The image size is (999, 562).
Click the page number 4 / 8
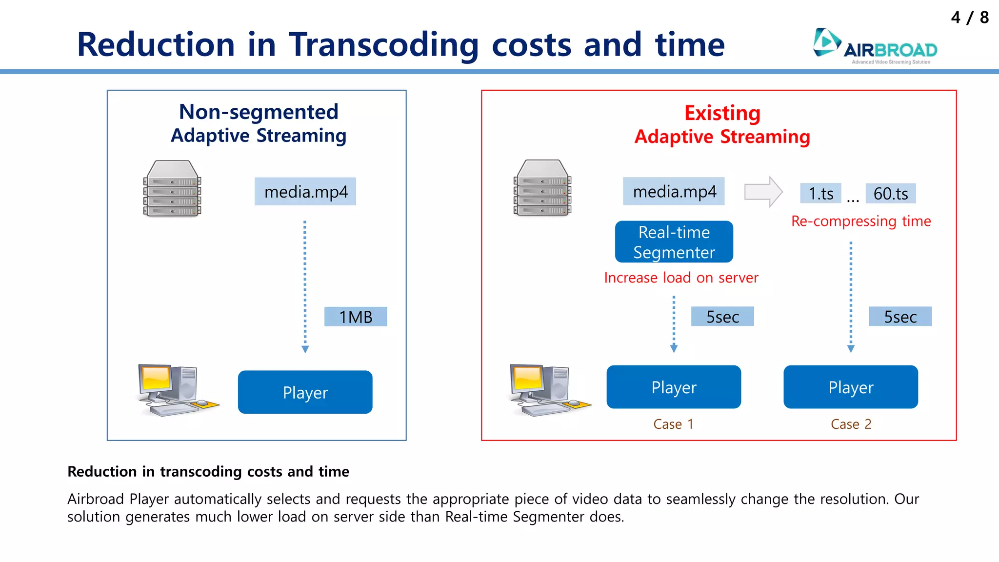[969, 18]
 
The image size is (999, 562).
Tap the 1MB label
[356, 317]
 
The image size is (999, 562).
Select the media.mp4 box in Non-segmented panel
[305, 192]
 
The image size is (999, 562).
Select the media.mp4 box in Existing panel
[674, 191]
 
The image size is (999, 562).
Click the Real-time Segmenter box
[674, 242]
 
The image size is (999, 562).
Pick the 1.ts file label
[820, 194]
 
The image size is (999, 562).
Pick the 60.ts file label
[890, 194]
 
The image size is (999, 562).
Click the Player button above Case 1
[674, 387]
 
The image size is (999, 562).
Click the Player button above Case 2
[850, 387]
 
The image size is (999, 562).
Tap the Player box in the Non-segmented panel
[305, 392]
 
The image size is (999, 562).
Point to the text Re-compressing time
[860, 221]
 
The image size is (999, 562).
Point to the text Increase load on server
[681, 278]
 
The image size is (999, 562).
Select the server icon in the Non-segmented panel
[172, 188]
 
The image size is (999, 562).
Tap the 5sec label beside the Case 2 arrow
[900, 317]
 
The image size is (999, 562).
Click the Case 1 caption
[673, 424]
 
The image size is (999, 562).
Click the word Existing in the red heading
[722, 113]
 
